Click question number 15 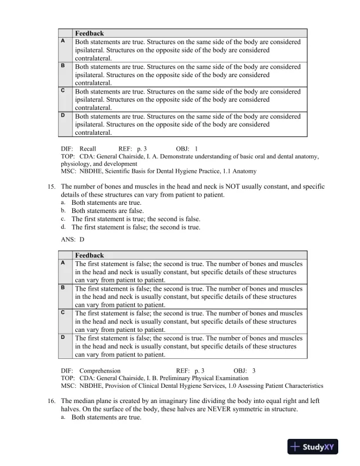coord(51,187)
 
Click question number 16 coord(51,401)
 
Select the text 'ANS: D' coord(72,239)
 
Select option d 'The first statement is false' coord(136,227)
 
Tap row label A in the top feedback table coord(63,42)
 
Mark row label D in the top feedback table coord(63,116)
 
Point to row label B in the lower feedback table coord(63,288)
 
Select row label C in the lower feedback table coord(63,313)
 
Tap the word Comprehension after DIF coord(99,371)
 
